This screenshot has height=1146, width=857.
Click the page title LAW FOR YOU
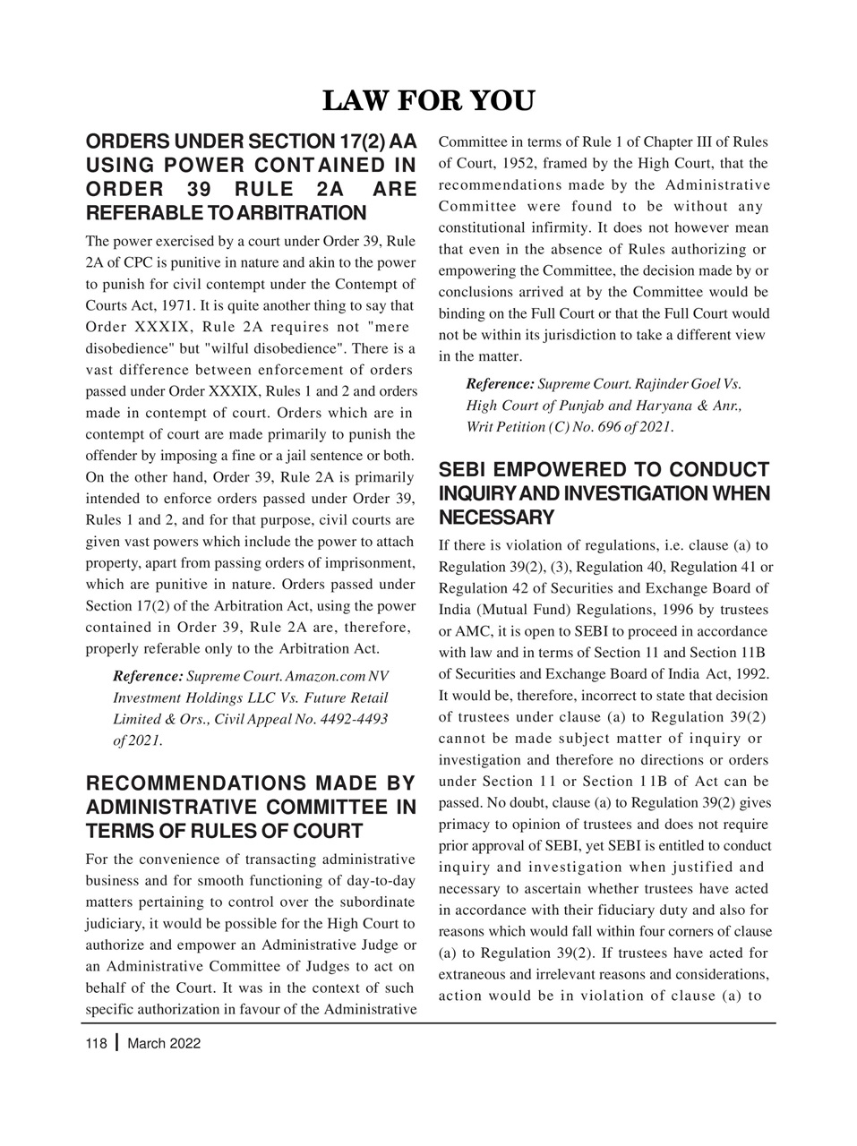click(427, 101)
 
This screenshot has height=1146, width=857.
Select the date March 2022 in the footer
click(165, 1043)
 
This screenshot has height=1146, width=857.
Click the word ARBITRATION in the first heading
click(310, 213)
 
